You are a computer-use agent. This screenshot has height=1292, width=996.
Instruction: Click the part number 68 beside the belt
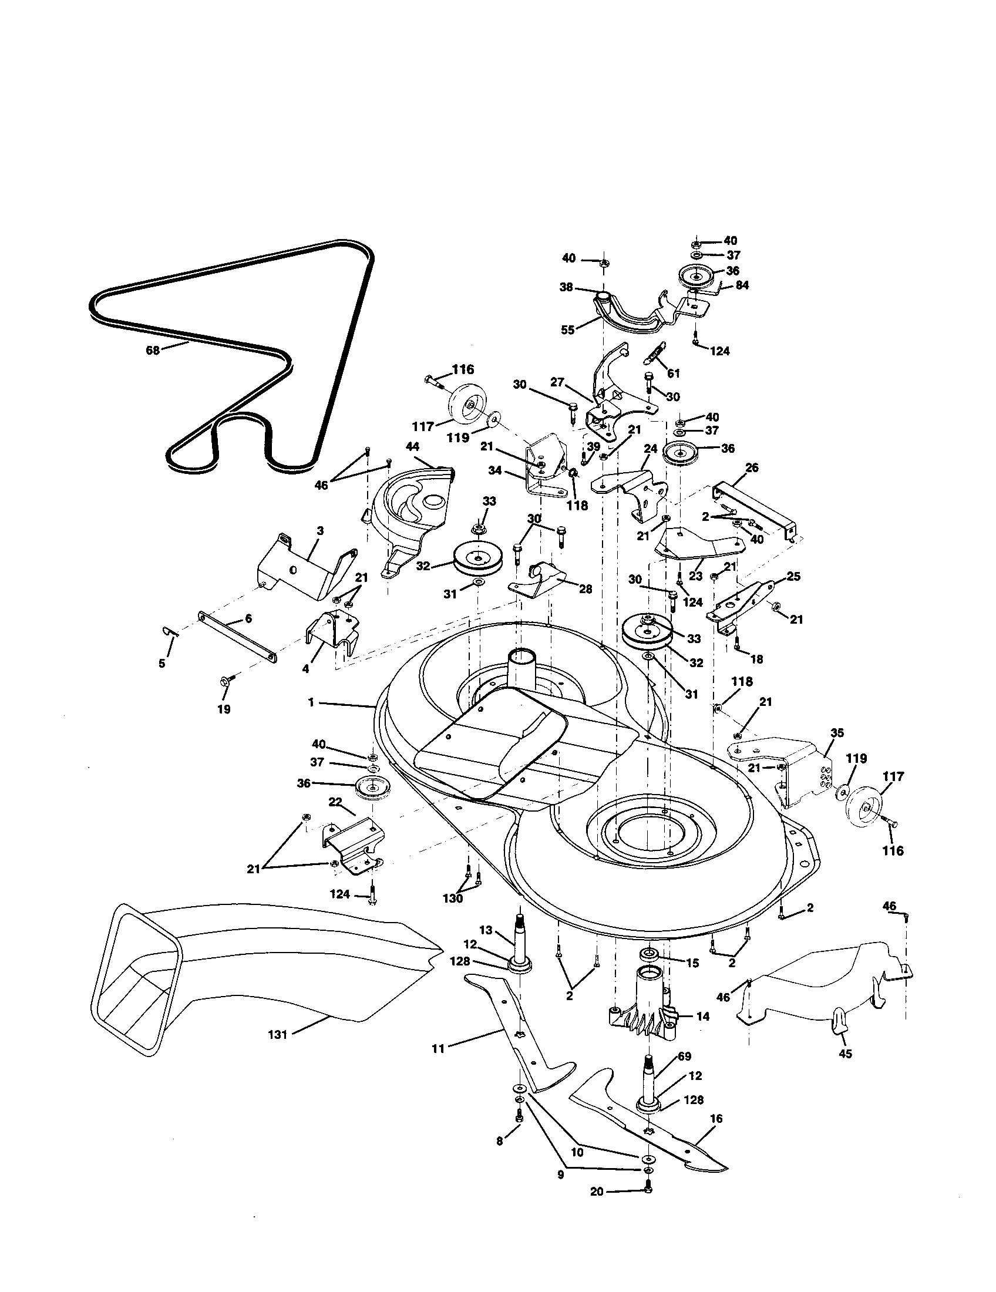152,350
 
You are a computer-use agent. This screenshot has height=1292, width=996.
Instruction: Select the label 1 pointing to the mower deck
311,702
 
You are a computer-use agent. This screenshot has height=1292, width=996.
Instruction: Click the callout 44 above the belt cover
412,447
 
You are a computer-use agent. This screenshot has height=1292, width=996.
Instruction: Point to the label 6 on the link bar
248,618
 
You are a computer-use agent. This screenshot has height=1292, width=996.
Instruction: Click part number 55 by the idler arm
567,330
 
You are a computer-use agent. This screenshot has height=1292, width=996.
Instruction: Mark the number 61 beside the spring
673,374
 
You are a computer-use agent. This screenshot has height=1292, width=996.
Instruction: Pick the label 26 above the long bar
751,468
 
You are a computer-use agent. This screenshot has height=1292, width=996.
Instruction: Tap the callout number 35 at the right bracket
837,733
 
